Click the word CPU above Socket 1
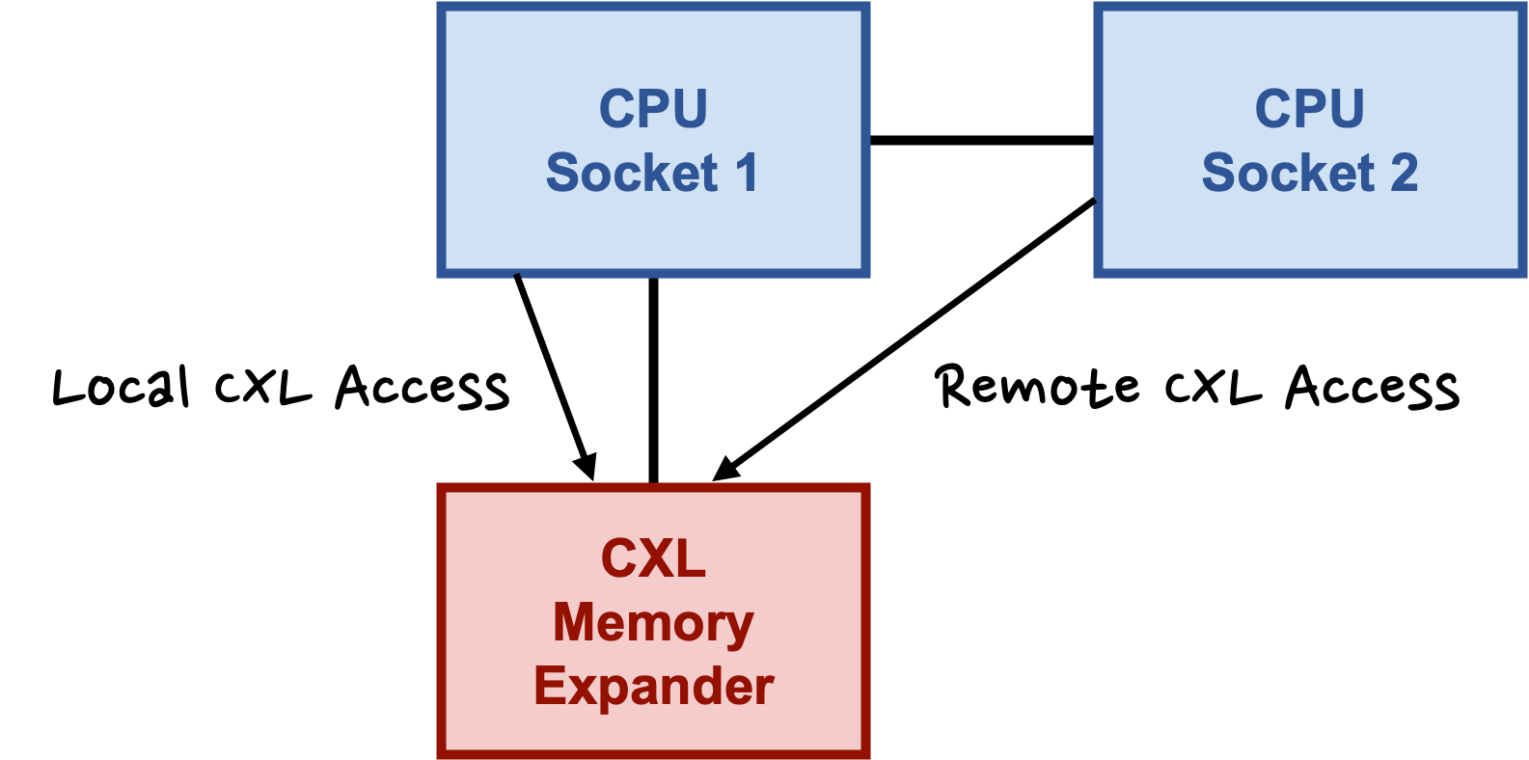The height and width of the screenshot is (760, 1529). pos(653,108)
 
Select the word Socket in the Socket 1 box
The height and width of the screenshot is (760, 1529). pos(632,173)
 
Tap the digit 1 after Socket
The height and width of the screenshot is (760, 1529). pos(747,173)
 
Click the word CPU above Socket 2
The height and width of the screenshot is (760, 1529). pos(1309,108)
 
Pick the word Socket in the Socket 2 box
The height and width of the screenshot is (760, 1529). pos(1288,173)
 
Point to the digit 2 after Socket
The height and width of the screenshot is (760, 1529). pos(1404,173)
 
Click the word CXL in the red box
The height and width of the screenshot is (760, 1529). pos(653,558)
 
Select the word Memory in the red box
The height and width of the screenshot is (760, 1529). pos(653,624)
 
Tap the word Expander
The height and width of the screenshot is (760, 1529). pos(653,687)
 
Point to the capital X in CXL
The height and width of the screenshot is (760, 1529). pos(653,558)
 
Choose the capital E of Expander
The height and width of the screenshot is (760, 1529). pos(548,687)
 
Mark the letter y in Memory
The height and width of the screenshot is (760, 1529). pos(740,628)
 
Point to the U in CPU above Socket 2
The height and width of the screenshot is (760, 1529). pos(1346,108)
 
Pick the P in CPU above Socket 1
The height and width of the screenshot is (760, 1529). pos(653,108)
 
